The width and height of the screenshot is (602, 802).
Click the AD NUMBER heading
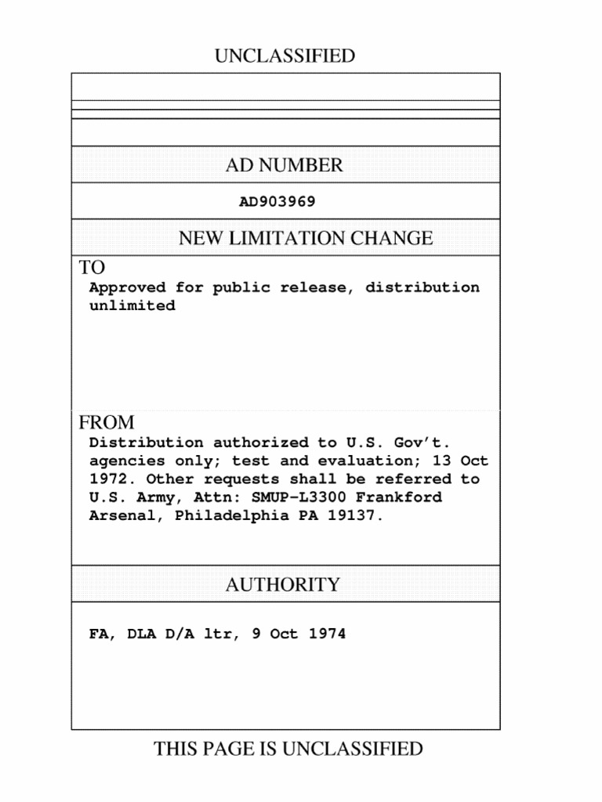[x=284, y=165]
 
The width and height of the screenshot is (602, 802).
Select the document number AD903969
[x=277, y=202]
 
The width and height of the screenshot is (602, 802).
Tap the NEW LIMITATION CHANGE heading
[x=305, y=238]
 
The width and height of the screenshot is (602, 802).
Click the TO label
[x=92, y=268]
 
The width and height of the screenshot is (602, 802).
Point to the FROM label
[x=107, y=423]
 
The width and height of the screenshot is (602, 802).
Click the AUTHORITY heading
[x=283, y=585]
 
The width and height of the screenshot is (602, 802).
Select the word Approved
[x=127, y=287]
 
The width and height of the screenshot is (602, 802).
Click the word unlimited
[x=132, y=305]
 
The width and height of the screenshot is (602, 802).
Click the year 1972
[x=107, y=479]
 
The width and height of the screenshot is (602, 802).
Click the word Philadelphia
[x=232, y=515]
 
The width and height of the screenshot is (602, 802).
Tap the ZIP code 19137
[x=357, y=515]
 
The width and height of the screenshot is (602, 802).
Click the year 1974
[x=326, y=634]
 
